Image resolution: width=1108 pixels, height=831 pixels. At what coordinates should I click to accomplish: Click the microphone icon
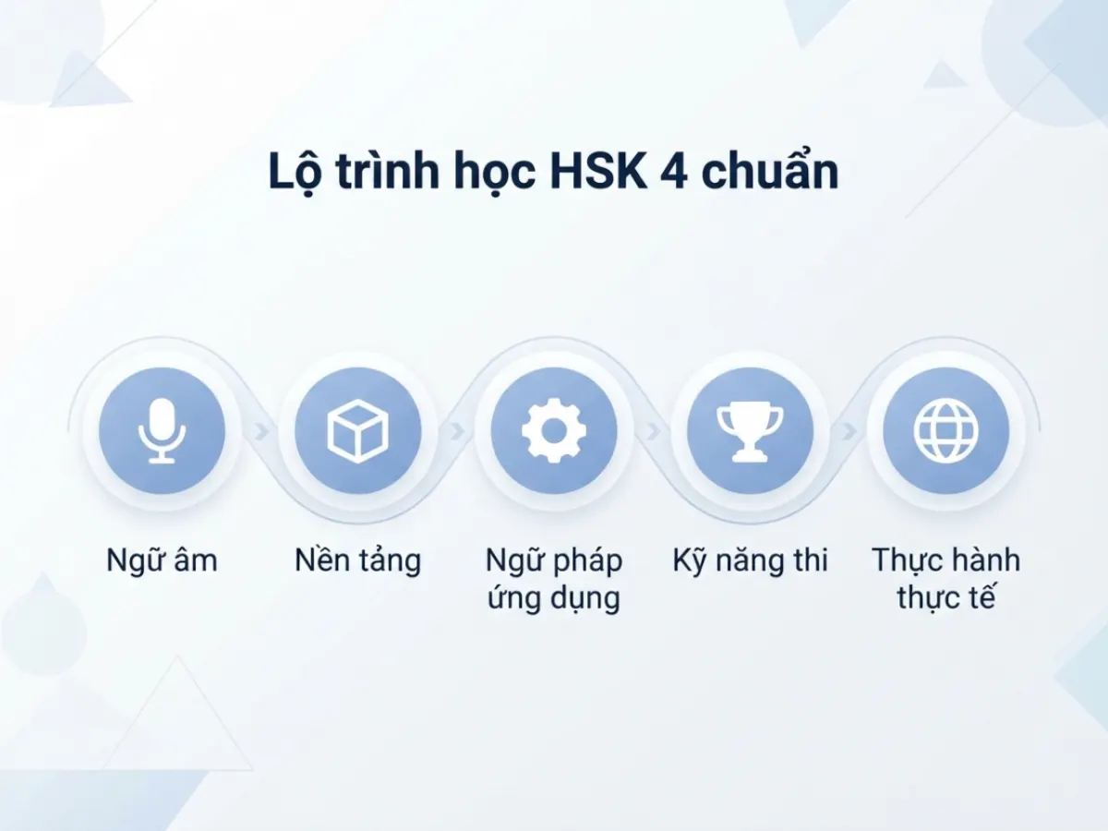162,430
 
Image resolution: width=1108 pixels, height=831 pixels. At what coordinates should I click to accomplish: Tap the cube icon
358,430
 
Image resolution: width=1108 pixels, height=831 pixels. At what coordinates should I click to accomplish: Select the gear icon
554,430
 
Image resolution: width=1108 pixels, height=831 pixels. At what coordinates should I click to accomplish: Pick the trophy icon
750,431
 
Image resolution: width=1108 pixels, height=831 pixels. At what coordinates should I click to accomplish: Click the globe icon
946,430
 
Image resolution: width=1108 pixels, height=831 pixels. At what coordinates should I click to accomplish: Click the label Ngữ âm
162,560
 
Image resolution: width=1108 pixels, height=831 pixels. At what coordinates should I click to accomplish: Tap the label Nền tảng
358,561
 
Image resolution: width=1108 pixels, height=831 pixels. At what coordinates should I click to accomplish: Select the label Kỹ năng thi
750,561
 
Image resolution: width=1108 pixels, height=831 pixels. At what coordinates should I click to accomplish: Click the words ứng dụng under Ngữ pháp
554,599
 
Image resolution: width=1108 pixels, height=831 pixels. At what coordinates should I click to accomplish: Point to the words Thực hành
946,560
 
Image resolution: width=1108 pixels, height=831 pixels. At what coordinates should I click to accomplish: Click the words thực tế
946,598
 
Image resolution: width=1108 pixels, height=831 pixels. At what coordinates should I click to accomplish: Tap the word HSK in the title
598,171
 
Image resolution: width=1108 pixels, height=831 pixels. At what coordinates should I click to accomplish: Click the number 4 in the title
673,171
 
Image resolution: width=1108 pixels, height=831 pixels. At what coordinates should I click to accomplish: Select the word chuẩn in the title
769,170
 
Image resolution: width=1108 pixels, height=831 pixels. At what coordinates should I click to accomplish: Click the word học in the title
494,173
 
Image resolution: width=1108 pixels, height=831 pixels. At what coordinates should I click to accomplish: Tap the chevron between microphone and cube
261,431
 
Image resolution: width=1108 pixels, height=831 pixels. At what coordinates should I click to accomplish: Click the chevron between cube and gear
457,431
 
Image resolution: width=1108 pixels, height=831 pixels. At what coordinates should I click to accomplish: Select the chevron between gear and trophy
653,431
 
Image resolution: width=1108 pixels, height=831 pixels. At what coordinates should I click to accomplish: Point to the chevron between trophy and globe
849,431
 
